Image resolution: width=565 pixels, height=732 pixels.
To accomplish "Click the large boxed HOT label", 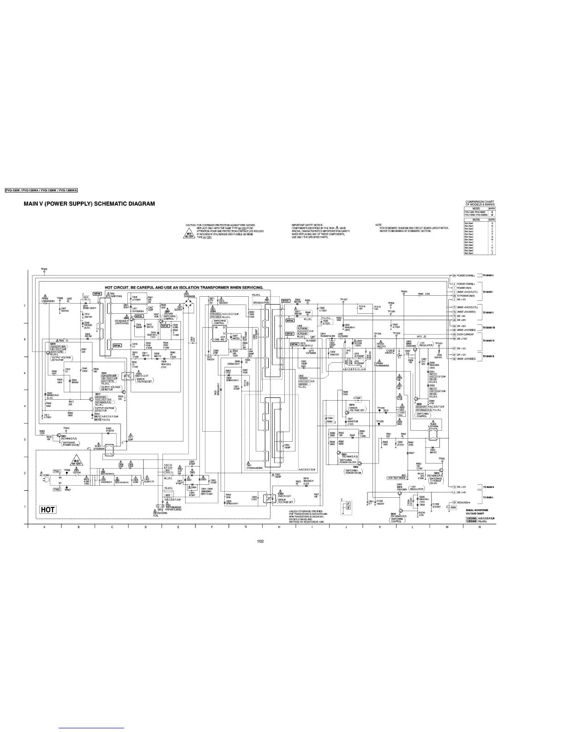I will pos(48,510).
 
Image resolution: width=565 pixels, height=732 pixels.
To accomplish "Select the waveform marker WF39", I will pos(97,293).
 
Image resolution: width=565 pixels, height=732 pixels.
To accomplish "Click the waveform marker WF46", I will pos(295,344).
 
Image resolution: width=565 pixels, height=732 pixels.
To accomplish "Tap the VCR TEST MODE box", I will pos(397,477).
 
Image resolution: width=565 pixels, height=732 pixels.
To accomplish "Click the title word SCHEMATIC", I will pos(114,204).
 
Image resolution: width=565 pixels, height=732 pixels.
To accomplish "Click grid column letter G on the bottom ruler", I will pos(246,526).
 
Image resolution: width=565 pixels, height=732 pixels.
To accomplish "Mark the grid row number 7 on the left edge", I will pos(24,306).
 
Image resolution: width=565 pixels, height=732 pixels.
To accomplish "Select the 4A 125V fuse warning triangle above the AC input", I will pos(75,462).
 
